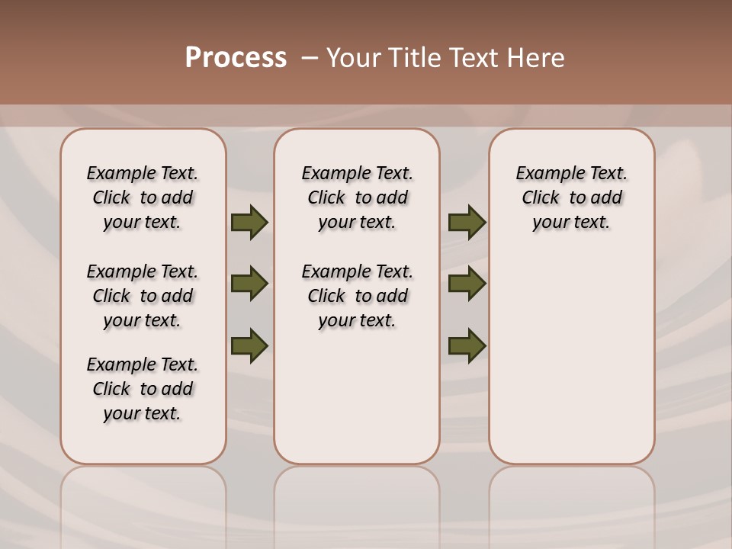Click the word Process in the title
tap(236, 58)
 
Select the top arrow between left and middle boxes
tap(249, 222)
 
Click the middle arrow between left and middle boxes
tap(249, 284)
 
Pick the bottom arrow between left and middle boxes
tap(249, 345)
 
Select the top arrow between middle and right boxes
tap(467, 222)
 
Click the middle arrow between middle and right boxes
tap(467, 284)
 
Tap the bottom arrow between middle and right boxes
tap(467, 345)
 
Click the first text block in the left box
tap(143, 197)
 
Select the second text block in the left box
tap(143, 296)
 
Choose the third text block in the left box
tap(143, 389)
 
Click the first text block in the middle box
tap(357, 197)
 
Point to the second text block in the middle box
tap(357, 296)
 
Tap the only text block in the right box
tap(571, 197)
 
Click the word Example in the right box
tap(544, 173)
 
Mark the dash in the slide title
tap(310, 58)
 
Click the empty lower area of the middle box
tap(357, 396)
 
